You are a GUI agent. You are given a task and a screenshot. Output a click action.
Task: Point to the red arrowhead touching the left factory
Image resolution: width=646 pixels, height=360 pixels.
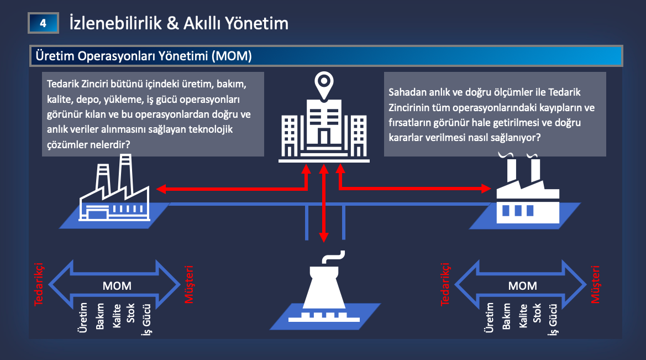[x=161, y=190]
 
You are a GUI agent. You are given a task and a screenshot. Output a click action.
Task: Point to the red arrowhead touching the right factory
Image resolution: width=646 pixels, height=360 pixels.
[x=487, y=189]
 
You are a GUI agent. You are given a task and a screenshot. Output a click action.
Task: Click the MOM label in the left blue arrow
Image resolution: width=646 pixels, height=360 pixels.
[x=117, y=286]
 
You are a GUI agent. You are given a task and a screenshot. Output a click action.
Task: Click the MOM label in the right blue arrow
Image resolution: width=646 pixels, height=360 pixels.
[x=522, y=286]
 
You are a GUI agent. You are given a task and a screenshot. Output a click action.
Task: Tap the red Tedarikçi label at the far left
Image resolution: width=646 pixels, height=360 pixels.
[x=39, y=284]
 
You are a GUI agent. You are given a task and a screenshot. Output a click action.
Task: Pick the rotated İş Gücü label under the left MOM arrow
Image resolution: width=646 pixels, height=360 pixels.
[x=147, y=320]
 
